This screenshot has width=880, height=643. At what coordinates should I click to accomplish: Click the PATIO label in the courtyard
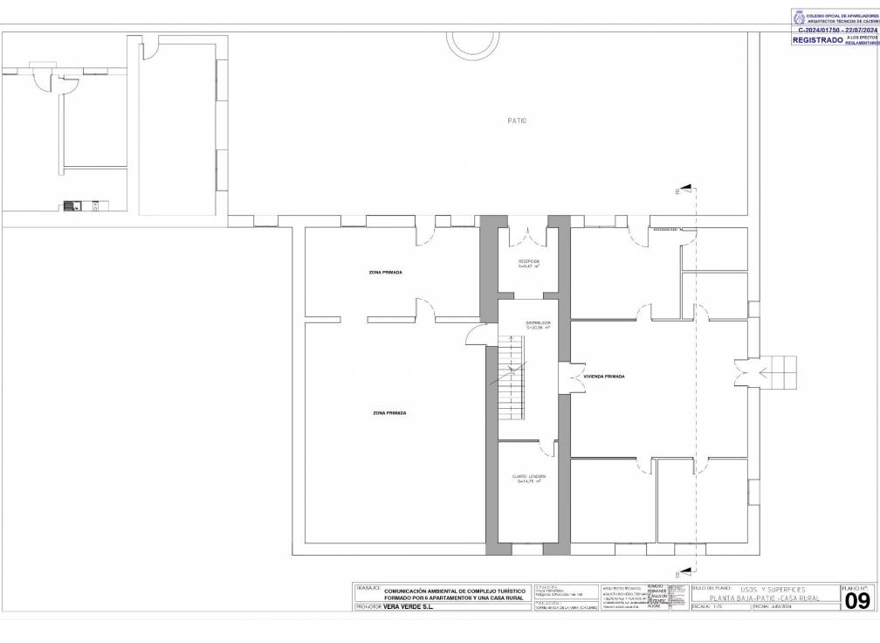coord(517,121)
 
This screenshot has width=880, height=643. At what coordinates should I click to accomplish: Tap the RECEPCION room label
coord(527,263)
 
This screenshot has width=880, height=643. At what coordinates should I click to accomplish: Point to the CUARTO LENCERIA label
coord(529,478)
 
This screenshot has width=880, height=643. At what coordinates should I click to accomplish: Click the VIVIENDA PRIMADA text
coord(604,377)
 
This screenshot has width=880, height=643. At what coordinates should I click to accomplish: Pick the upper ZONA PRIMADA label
coord(386,273)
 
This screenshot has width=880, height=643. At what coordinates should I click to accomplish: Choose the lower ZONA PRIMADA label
coord(389,412)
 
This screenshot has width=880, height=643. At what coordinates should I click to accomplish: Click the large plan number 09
coord(857,601)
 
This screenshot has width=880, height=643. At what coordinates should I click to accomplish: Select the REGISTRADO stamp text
coord(817,39)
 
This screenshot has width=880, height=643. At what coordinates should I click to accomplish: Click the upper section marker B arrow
coord(686,189)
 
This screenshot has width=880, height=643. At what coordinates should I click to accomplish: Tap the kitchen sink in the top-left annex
coord(72,206)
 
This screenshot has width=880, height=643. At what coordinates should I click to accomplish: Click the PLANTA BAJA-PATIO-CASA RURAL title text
coord(764,598)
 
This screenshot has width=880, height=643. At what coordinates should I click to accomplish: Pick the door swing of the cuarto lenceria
coord(547,449)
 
